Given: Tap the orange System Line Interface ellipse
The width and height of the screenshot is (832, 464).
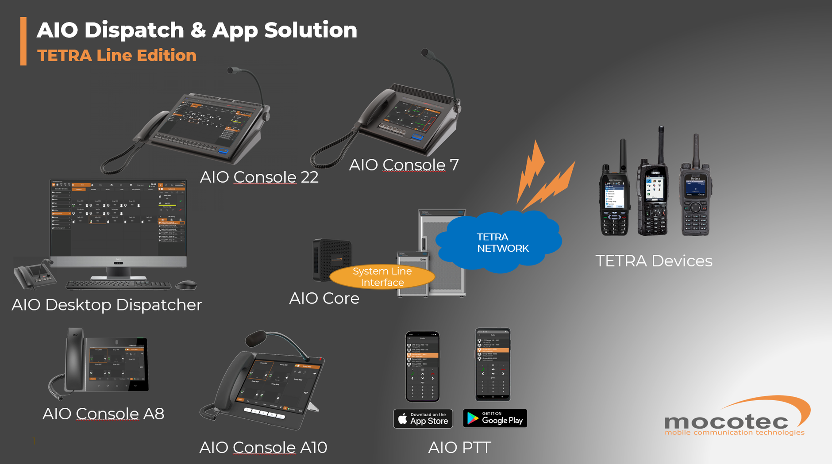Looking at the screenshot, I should pyautogui.click(x=382, y=277).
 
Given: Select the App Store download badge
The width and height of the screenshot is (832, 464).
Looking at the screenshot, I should pyautogui.click(x=423, y=418).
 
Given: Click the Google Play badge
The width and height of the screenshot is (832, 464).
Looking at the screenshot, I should pyautogui.click(x=495, y=418).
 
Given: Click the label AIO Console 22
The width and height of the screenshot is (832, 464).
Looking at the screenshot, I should pyautogui.click(x=259, y=177).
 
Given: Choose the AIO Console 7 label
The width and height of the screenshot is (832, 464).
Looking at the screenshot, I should pyautogui.click(x=404, y=165).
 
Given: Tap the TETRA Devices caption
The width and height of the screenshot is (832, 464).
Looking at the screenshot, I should pyautogui.click(x=654, y=261).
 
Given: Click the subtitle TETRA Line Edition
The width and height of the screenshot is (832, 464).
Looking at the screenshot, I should pyautogui.click(x=117, y=56).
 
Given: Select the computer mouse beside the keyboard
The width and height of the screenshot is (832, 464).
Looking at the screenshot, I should pyautogui.click(x=186, y=285).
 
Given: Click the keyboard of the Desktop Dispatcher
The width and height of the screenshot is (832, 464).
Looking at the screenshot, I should pyautogui.click(x=119, y=285).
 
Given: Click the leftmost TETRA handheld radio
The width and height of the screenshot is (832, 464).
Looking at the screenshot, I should pyautogui.click(x=614, y=199).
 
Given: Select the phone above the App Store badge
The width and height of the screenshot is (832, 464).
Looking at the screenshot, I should pyautogui.click(x=423, y=366).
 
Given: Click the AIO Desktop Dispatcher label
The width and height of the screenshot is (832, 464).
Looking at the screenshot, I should pyautogui.click(x=107, y=305).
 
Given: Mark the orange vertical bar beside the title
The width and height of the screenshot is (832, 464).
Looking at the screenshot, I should pyautogui.click(x=23, y=42).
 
